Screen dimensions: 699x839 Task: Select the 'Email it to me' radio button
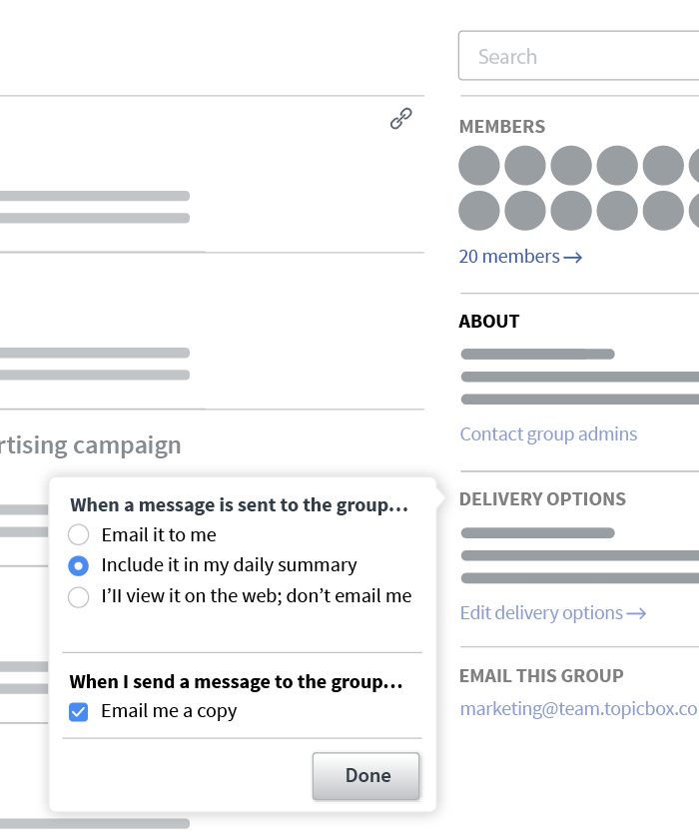coord(79,535)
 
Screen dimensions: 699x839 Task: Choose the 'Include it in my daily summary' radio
coord(79,565)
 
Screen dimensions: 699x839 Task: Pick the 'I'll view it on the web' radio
coord(79,597)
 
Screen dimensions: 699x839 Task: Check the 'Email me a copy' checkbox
coord(79,712)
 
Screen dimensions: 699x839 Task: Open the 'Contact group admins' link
coord(548,434)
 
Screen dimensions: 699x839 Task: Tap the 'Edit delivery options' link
coord(541,613)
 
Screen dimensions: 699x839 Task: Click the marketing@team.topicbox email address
coord(578,708)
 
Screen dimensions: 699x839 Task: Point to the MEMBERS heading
coord(502,127)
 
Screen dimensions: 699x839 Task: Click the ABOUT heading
coord(489,322)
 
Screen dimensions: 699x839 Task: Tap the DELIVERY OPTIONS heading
coord(542,499)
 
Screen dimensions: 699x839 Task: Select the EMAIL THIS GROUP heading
coord(541,676)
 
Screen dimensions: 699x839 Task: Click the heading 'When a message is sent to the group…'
coord(239,505)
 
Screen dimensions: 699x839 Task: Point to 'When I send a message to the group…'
coord(236,682)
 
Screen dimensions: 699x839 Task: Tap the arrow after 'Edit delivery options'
coord(636,613)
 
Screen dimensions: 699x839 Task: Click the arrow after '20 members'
coord(572,258)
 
